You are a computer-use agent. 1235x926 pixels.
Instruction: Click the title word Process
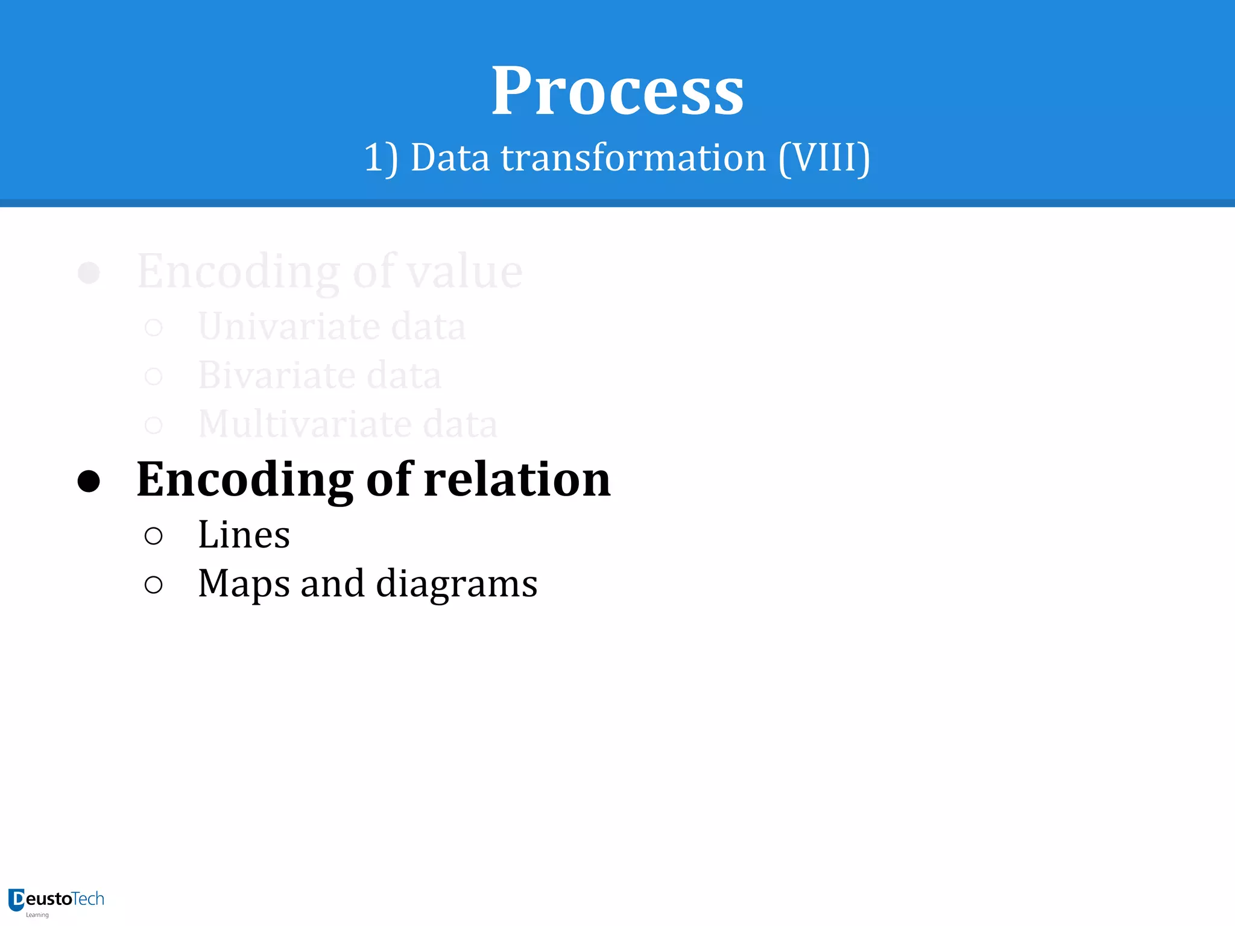click(x=617, y=92)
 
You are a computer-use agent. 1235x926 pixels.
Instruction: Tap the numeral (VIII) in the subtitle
click(x=824, y=158)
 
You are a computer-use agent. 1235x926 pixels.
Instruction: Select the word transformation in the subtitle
click(x=633, y=158)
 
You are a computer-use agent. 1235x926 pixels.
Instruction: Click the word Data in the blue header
click(x=450, y=158)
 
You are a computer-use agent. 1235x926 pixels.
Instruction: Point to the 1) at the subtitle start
click(x=381, y=158)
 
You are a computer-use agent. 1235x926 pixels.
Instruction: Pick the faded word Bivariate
click(x=277, y=375)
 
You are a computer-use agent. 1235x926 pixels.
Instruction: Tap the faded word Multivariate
click(x=305, y=424)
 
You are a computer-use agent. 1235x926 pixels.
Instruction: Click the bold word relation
click(x=517, y=479)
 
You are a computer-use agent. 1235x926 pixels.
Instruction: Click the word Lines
click(x=244, y=535)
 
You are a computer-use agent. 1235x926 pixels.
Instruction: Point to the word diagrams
click(x=456, y=584)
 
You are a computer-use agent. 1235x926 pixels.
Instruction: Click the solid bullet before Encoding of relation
click(x=89, y=481)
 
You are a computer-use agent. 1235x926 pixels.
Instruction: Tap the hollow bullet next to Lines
click(x=154, y=536)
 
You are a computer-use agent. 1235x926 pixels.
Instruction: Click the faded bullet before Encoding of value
click(x=89, y=272)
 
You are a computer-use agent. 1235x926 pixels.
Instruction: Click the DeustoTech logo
click(x=56, y=899)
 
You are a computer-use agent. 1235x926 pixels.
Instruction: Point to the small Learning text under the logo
click(x=37, y=915)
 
